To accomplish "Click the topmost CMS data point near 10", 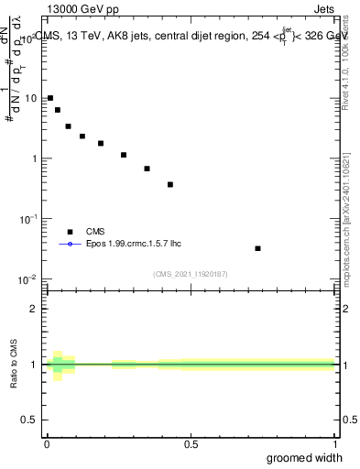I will point(50,98).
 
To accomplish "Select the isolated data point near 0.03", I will point(257,248).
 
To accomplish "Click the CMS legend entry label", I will point(95,232).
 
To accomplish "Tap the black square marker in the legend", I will point(70,232).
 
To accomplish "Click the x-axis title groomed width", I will point(304,457).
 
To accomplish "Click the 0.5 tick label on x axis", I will point(191,444).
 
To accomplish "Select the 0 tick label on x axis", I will point(47,444).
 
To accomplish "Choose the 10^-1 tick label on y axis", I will point(30,218).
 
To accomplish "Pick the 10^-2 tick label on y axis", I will point(30,278).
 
